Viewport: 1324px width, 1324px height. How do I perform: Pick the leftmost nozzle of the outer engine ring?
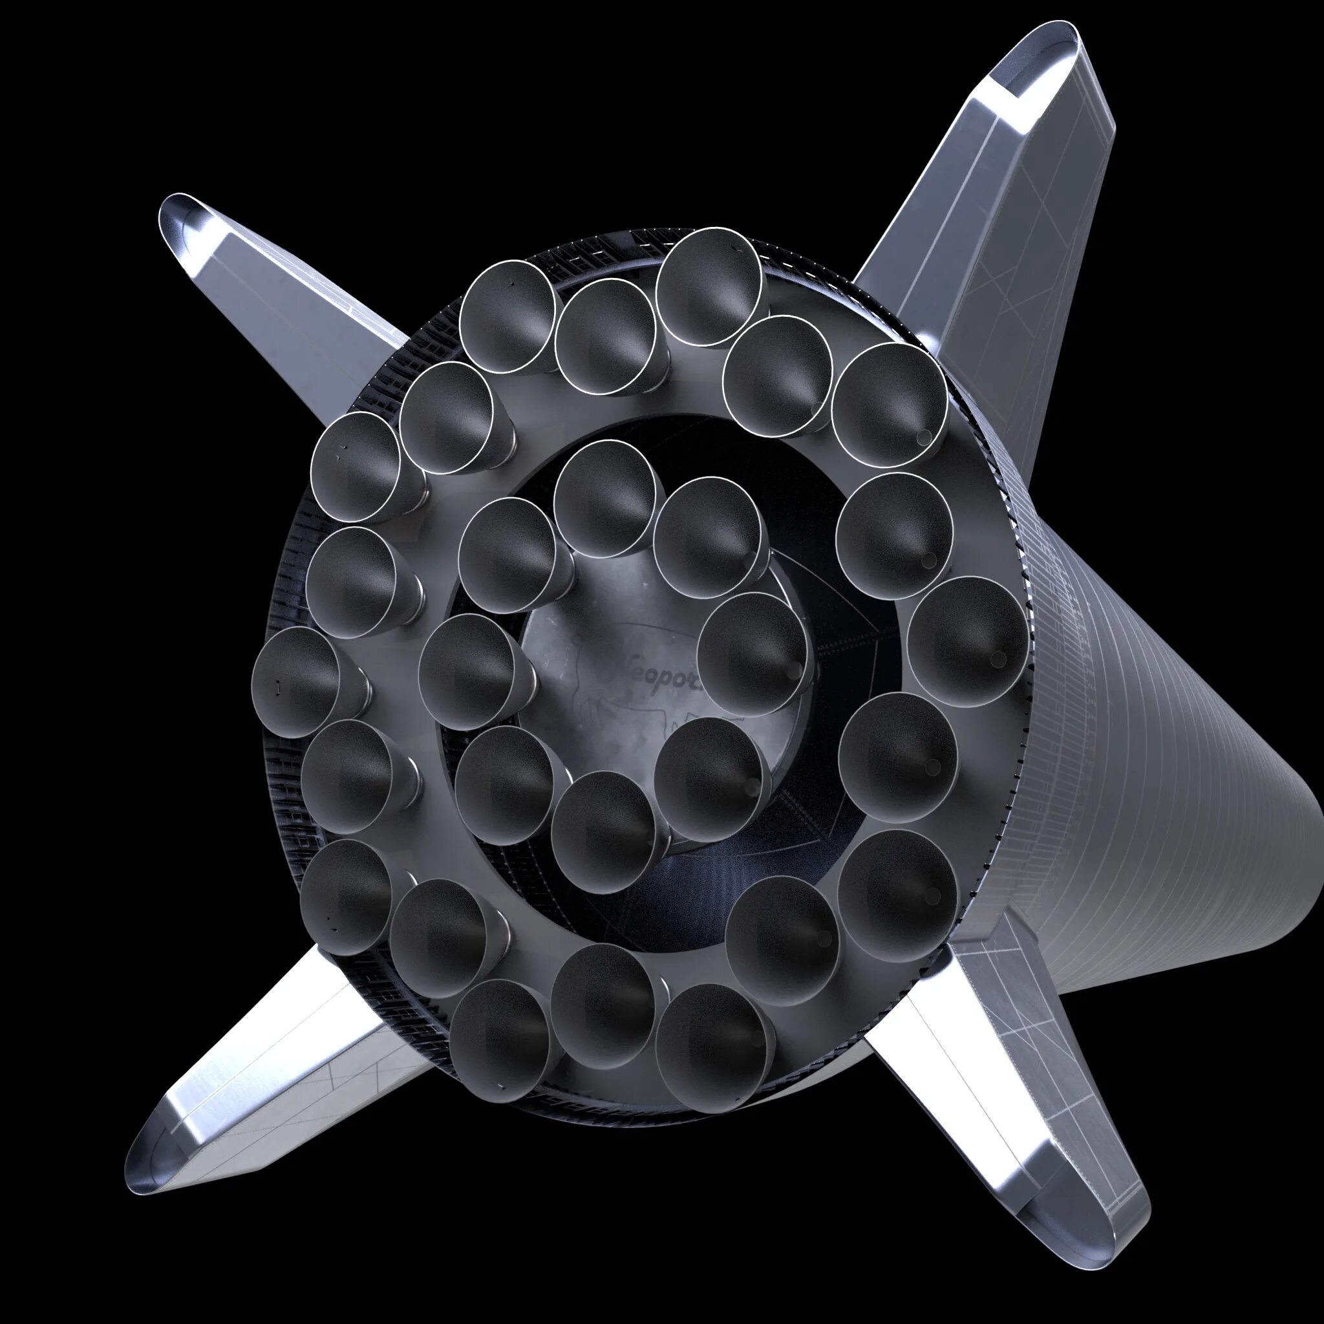295,683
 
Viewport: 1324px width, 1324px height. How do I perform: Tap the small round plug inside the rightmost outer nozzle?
998,659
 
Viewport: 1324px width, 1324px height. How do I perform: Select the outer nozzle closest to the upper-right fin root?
890,404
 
